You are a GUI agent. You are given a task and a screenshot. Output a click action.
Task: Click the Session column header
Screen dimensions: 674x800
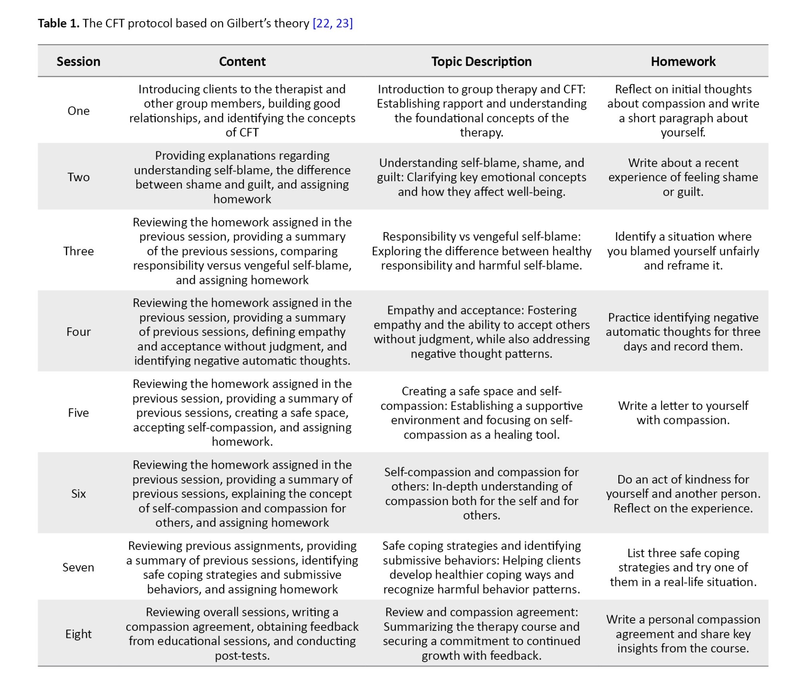coord(78,61)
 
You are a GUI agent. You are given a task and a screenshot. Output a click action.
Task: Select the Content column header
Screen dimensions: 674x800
coord(242,61)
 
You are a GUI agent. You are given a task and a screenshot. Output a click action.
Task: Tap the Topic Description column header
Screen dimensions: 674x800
coord(481,61)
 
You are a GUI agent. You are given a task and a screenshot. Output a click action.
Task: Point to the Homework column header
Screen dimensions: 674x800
coord(683,61)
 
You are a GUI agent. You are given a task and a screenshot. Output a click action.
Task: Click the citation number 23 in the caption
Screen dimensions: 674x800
coord(343,23)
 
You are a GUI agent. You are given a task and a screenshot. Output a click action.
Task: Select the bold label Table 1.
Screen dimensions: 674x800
coord(58,23)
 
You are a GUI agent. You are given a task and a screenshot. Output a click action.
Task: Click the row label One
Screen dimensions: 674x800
coord(78,111)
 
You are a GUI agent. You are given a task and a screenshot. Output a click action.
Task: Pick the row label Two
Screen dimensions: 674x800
coord(78,177)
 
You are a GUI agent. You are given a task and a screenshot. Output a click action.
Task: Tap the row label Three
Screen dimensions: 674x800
coord(78,251)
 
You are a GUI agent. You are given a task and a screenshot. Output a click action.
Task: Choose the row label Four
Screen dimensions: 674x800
coord(78,332)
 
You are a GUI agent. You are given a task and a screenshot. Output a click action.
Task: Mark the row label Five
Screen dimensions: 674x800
coord(78,413)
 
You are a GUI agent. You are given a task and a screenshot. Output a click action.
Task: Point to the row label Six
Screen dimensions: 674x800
coord(78,493)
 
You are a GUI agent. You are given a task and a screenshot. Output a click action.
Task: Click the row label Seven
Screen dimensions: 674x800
coord(78,567)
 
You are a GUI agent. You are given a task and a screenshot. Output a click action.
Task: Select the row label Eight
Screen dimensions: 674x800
coord(78,634)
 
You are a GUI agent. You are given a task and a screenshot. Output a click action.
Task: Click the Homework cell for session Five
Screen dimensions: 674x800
coord(683,413)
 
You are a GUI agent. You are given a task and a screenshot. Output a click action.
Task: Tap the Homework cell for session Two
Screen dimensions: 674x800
coord(683,177)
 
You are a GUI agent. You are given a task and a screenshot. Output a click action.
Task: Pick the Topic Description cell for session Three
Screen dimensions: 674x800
coord(481,251)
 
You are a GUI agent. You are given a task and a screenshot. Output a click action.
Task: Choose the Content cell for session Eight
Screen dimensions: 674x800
coord(242,634)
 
